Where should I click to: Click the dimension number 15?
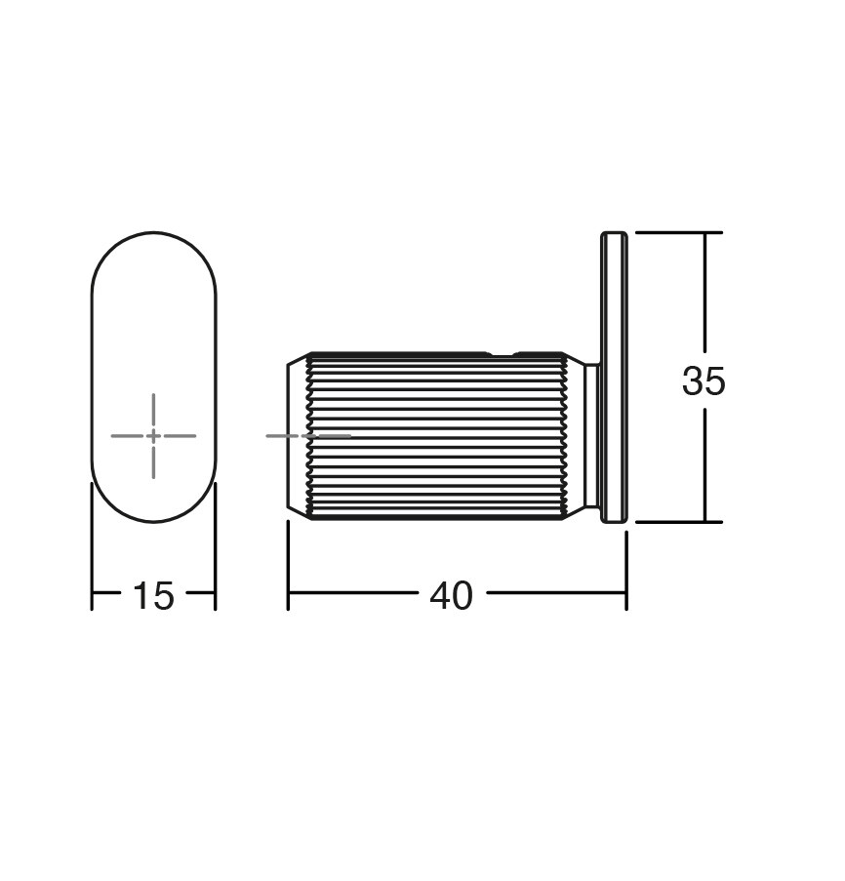pyautogui.click(x=153, y=595)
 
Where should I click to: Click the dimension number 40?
pyautogui.click(x=451, y=595)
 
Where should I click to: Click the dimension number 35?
pyautogui.click(x=704, y=380)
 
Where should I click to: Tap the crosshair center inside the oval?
pyautogui.click(x=153, y=435)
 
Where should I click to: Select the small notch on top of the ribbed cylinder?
pyautogui.click(x=502, y=354)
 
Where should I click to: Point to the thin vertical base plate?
pyautogui.click(x=614, y=377)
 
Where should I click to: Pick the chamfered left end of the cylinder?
pyautogui.click(x=299, y=436)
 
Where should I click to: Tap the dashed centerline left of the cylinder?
pyautogui.click(x=308, y=435)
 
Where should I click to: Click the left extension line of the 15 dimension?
pyautogui.click(x=92, y=546)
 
